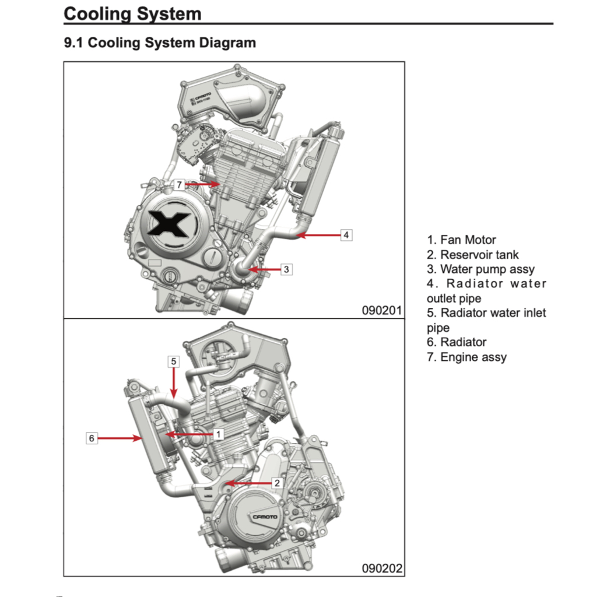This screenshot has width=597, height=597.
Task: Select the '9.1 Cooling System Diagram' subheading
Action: click(x=160, y=43)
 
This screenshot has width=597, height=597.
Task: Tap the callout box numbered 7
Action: click(x=180, y=184)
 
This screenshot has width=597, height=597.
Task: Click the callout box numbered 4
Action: click(x=346, y=235)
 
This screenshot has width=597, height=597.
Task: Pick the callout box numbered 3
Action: click(x=286, y=269)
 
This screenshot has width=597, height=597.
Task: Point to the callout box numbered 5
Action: click(x=174, y=361)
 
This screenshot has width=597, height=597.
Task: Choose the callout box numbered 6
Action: click(x=91, y=437)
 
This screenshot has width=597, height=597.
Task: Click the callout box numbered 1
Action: click(x=218, y=434)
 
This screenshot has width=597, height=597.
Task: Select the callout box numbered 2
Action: click(x=278, y=483)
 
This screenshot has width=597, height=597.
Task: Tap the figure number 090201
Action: click(x=382, y=310)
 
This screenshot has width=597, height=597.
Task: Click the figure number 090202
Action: click(x=382, y=568)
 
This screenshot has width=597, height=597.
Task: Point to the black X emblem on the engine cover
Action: click(x=168, y=224)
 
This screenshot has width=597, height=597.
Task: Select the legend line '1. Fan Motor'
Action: click(x=461, y=240)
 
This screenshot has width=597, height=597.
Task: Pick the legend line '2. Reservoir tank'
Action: click(x=472, y=255)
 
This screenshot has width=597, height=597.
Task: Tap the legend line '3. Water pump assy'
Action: click(x=480, y=269)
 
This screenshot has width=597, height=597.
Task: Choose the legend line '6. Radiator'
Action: click(x=456, y=342)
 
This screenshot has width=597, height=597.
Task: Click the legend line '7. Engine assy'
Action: click(x=466, y=357)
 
